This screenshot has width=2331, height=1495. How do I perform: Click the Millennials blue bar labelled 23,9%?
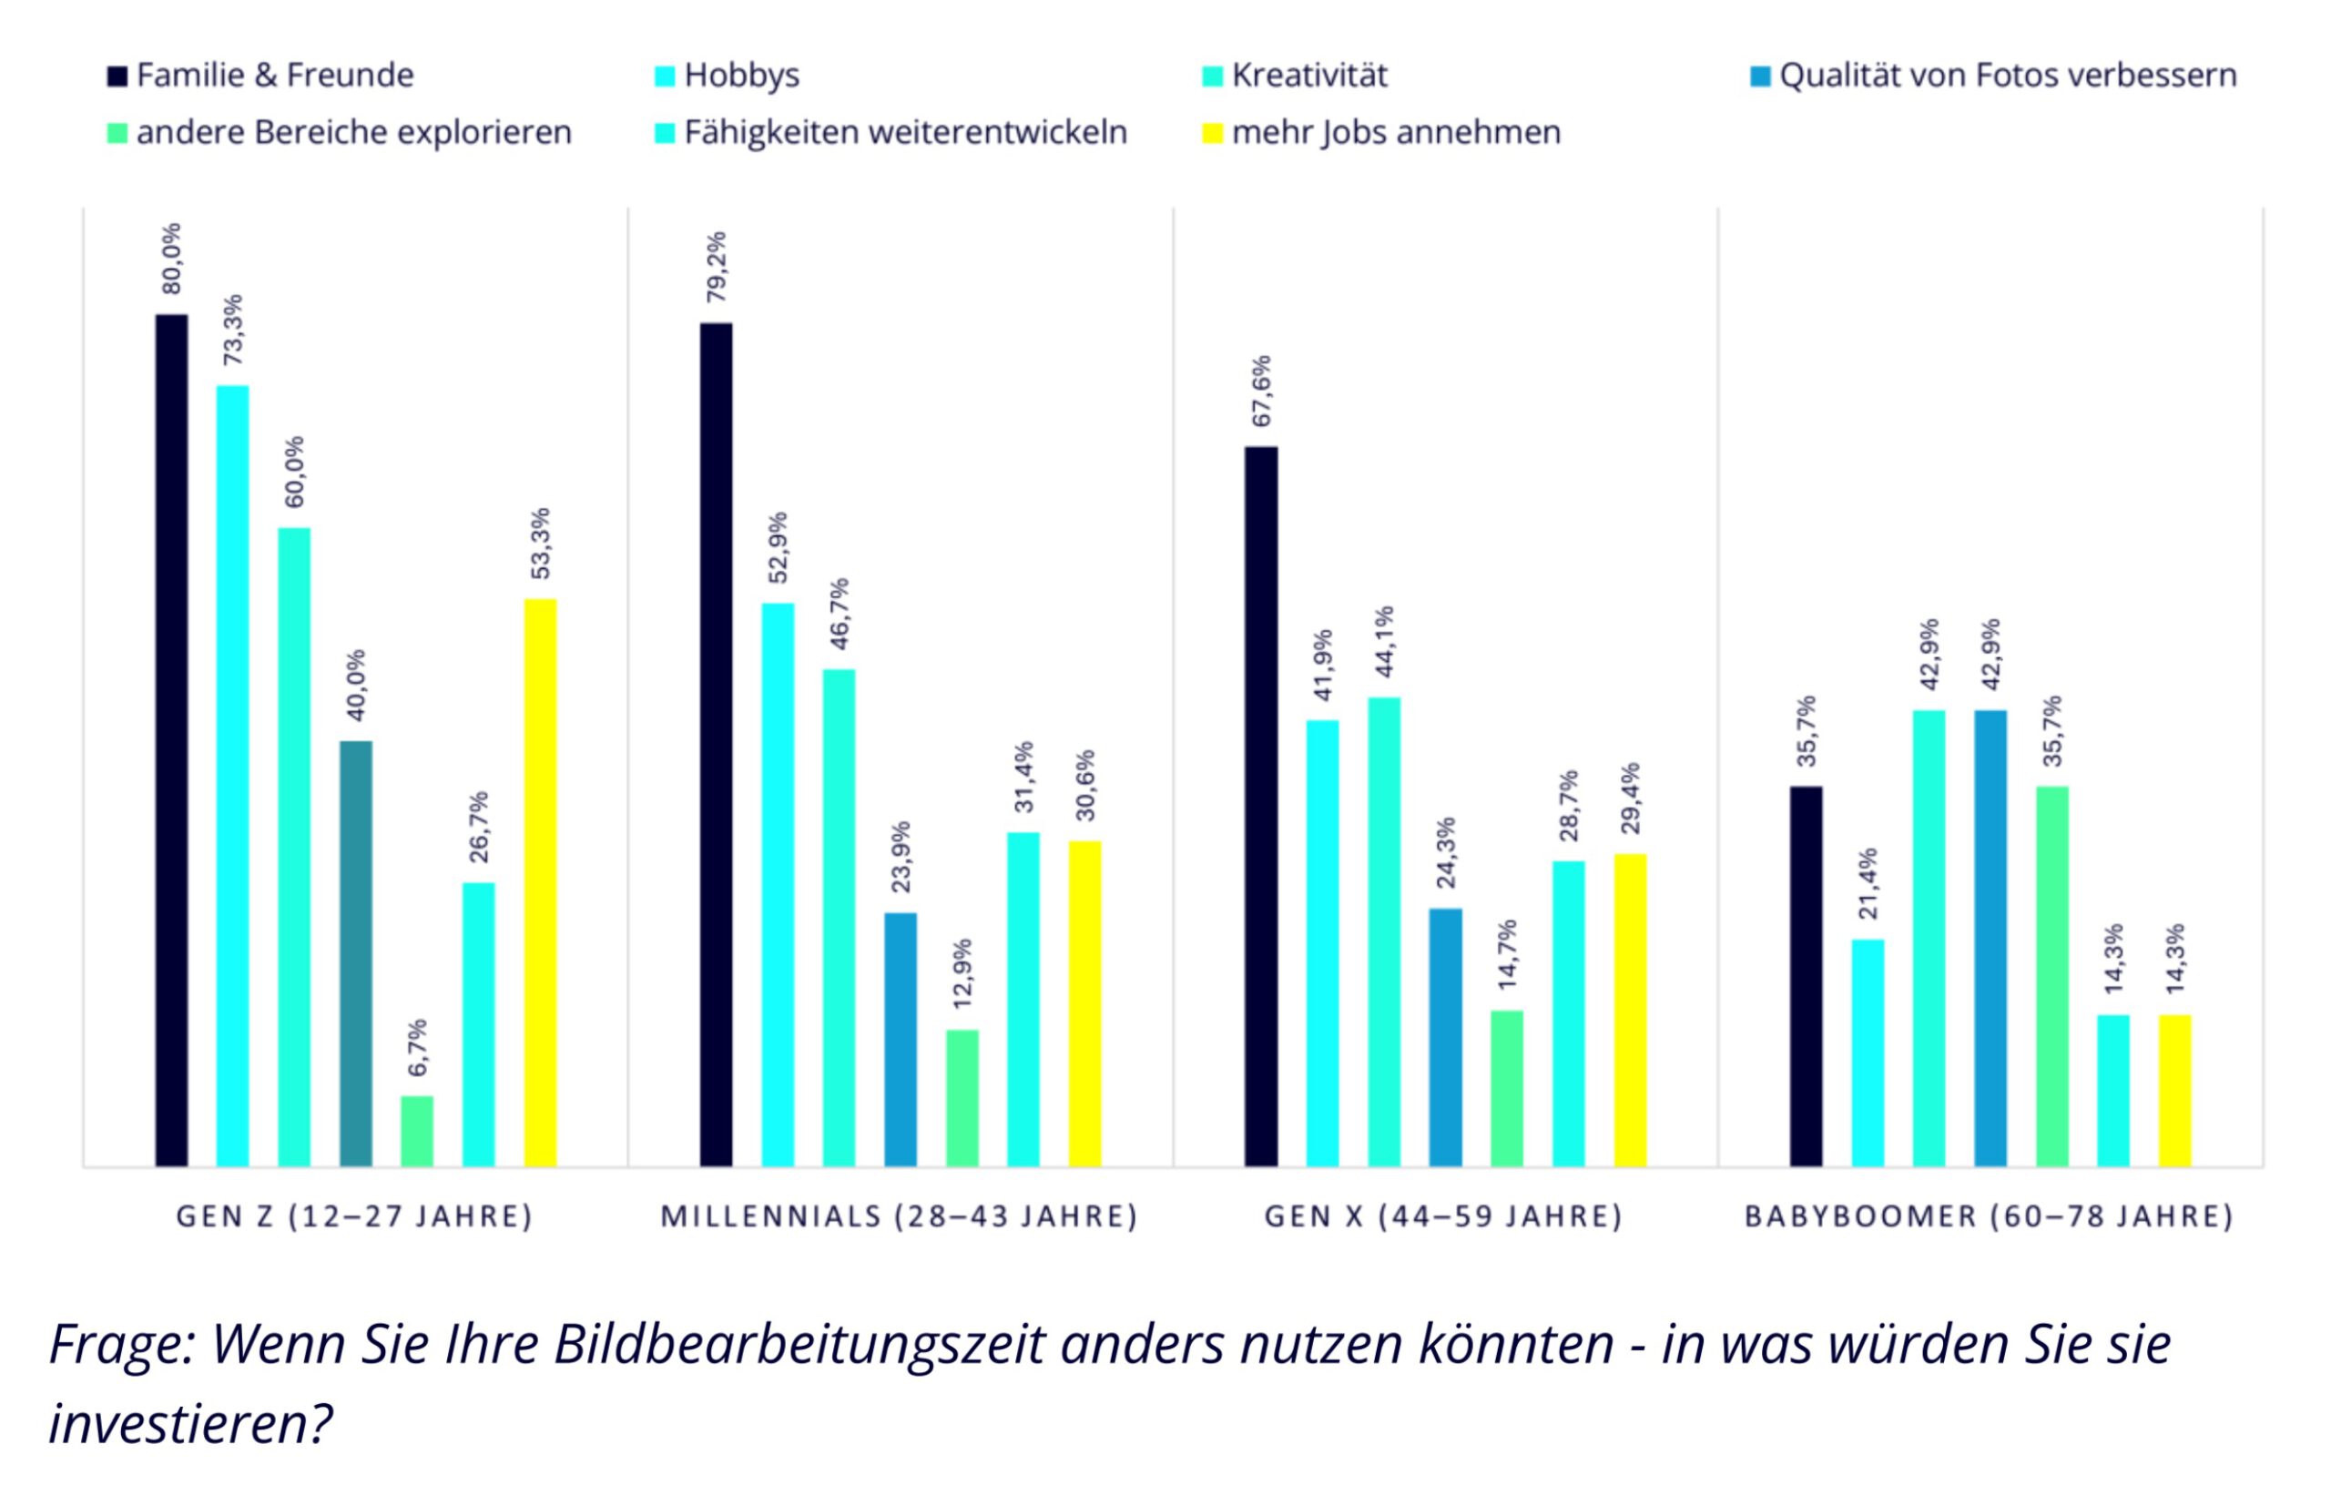tap(900, 1039)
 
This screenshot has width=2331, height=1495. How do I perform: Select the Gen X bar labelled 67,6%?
tap(1261, 806)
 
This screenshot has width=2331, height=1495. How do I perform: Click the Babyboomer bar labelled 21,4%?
tap(1868, 1053)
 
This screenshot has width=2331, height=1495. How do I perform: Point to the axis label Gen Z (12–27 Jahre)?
tap(354, 1216)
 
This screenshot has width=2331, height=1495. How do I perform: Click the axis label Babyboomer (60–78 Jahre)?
tap(1990, 1216)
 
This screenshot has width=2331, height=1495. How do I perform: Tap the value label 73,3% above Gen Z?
tap(234, 331)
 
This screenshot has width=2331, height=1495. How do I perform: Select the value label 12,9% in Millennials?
tap(962, 973)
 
